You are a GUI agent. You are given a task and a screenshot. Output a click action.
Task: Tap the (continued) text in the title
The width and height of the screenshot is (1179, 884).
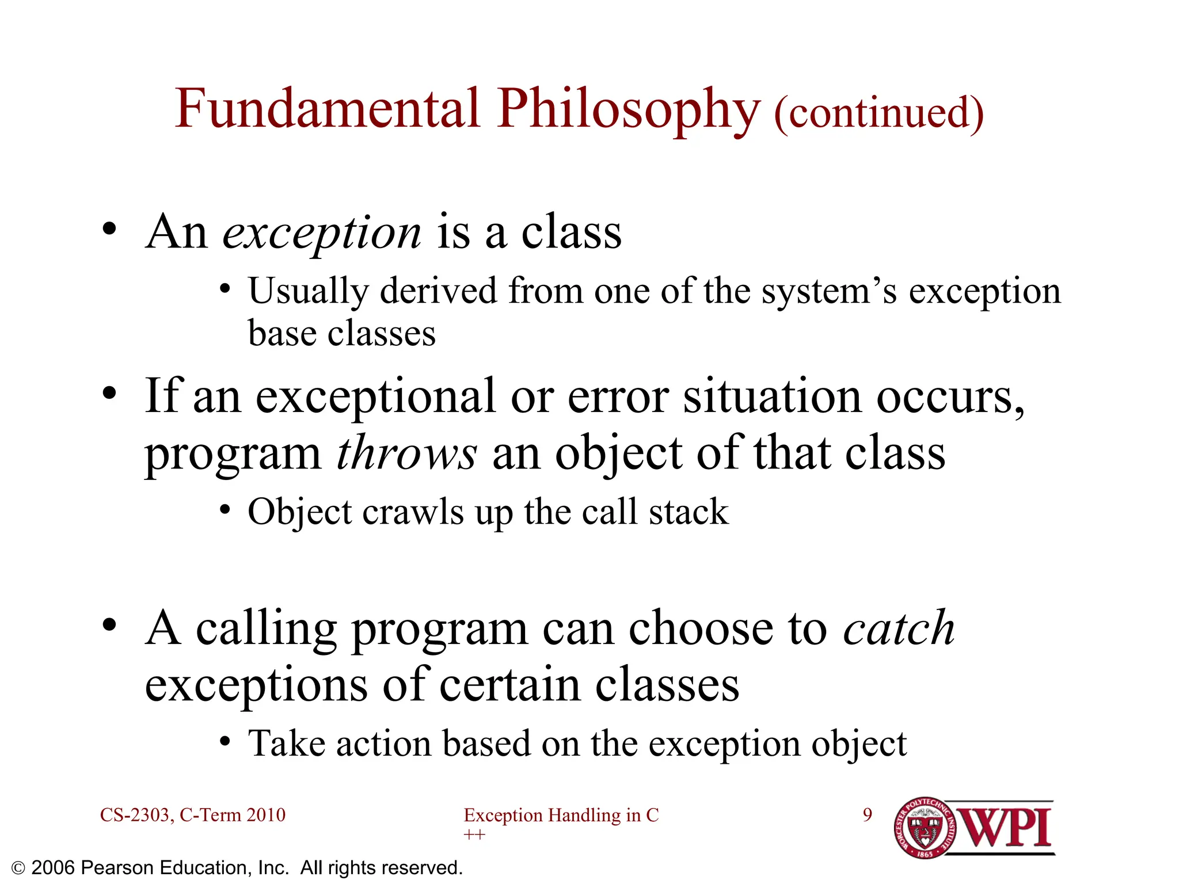(878, 113)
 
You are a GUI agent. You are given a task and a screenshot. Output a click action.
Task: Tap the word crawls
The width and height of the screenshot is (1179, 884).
(413, 512)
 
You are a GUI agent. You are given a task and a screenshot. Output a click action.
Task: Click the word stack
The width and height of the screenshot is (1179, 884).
(689, 512)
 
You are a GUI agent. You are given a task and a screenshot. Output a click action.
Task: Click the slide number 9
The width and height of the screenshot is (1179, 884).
(868, 814)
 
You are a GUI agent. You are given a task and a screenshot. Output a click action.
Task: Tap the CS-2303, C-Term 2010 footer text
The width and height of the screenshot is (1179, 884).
(193, 815)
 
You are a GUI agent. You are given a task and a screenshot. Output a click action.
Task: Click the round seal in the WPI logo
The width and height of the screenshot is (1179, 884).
(925, 828)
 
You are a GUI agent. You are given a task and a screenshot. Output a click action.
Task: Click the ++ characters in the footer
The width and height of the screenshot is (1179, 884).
(474, 835)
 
